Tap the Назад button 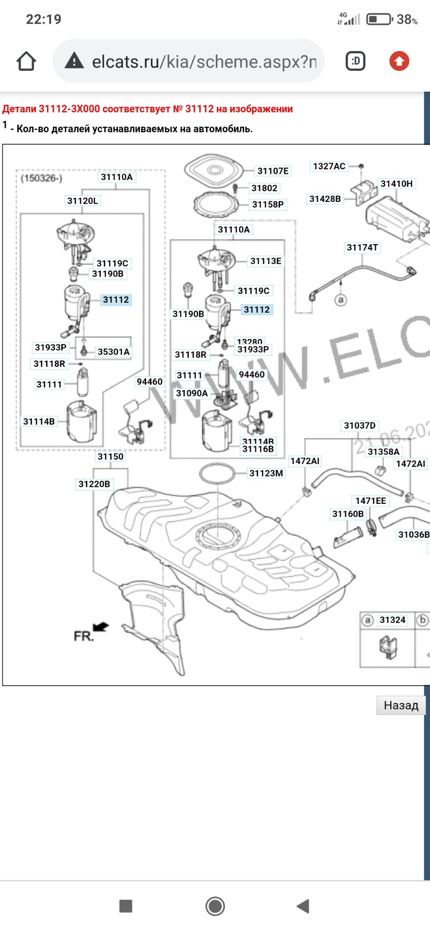pos(401,705)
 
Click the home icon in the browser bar pos(26,62)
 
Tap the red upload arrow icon pos(399,62)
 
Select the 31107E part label pos(273,171)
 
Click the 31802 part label pos(264,188)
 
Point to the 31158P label pos(267,204)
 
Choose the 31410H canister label pos(397,183)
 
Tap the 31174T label pos(362,248)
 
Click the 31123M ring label pos(266,473)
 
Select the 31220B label pos(94,484)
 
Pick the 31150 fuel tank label pos(111,456)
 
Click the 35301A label pos(114,351)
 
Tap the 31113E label pos(265,261)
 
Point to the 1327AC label pos(329,166)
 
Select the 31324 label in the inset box pos(392,620)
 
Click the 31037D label pos(360,426)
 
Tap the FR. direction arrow pos(101,627)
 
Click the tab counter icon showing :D pos(355,62)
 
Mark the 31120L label pos(83,201)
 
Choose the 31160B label pos(347,514)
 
